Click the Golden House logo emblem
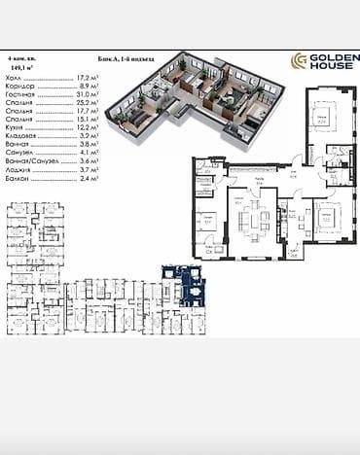pyautogui.click(x=301, y=61)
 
